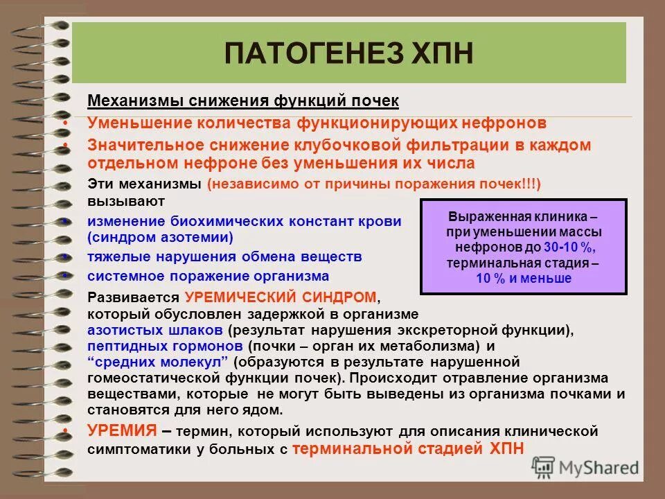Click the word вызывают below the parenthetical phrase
[126, 201]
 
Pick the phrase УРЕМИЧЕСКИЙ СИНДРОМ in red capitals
[281, 297]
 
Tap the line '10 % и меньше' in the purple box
[524, 279]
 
